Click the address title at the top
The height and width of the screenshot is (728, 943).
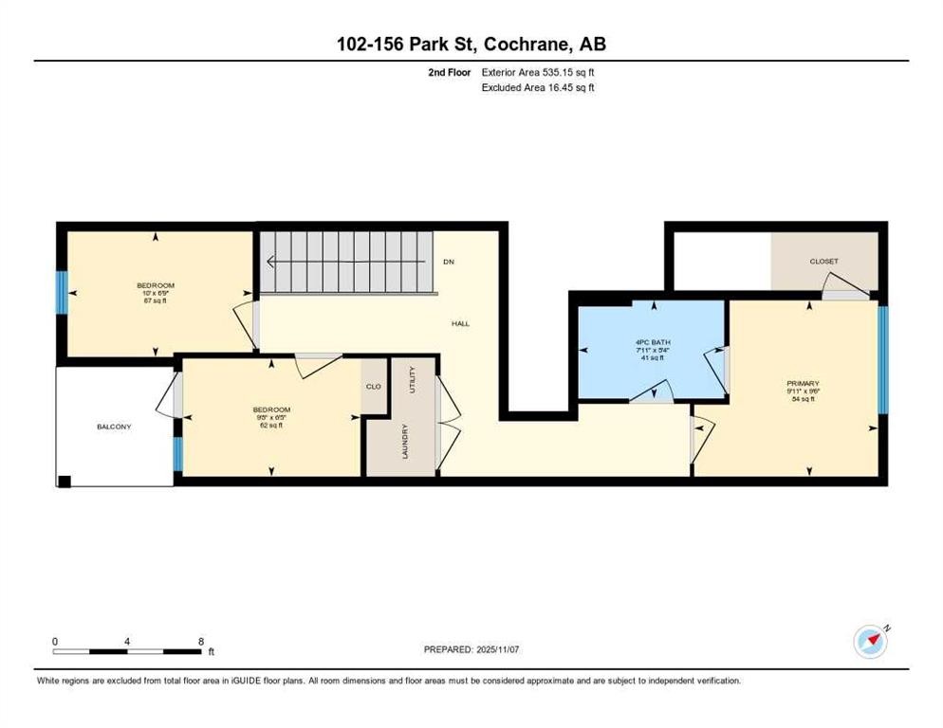tap(471, 44)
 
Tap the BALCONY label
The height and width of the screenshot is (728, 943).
tap(114, 427)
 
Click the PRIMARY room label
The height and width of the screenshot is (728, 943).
tap(802, 382)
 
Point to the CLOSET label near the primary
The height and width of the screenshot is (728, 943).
tap(823, 261)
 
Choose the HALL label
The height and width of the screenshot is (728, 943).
tap(460, 323)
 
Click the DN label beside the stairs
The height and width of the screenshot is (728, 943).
tap(449, 262)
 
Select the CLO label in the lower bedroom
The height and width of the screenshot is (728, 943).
tap(374, 386)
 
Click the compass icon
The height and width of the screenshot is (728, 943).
tap(870, 642)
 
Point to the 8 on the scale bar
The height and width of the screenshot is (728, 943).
tap(200, 641)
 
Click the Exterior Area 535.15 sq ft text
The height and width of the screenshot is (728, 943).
tap(539, 72)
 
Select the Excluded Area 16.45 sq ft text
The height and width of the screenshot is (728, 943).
tap(539, 87)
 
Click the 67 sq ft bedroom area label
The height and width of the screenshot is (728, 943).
tap(156, 300)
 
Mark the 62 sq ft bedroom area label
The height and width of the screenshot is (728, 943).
tap(270, 426)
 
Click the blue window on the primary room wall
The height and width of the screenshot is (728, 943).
tap(883, 360)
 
